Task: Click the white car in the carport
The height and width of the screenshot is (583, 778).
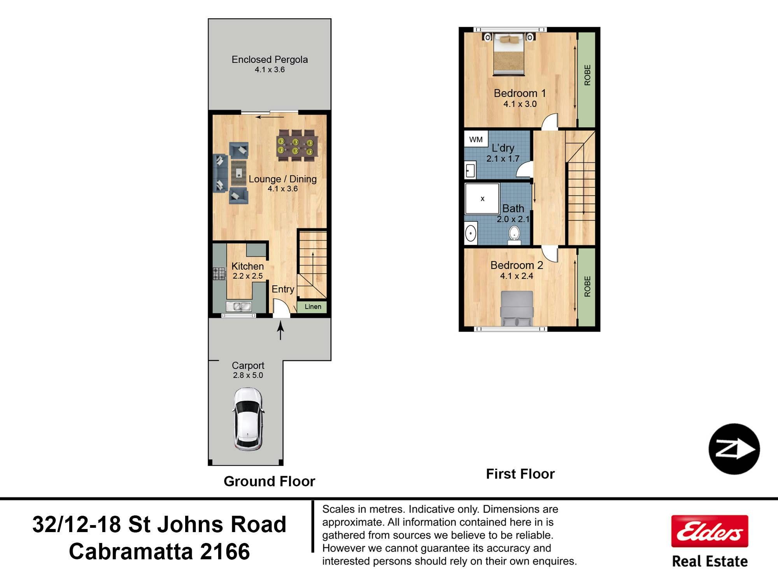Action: point(248,419)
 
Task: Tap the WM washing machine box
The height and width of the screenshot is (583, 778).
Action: point(476,139)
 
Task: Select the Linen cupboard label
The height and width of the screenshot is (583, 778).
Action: point(313,307)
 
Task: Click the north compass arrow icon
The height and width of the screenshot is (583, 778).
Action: point(734,449)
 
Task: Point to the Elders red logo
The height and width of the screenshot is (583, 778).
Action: point(710,531)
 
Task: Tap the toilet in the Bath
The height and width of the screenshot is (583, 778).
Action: point(514,235)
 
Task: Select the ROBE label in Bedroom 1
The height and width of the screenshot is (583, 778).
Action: point(587,75)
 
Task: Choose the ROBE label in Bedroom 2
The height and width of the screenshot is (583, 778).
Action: point(587,286)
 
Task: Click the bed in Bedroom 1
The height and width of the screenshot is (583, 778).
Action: point(508,54)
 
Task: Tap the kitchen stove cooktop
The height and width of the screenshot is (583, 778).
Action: point(219,273)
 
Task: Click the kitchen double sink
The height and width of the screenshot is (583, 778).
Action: point(239,307)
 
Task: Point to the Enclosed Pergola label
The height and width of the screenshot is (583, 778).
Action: point(270,59)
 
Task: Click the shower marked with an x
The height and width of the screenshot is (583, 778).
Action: point(482,199)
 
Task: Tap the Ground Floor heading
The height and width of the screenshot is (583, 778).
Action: point(269,481)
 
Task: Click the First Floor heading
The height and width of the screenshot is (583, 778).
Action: point(520,474)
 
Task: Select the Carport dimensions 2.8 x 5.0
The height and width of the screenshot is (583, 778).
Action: point(248,375)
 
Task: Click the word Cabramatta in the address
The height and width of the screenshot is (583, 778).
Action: point(131,552)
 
